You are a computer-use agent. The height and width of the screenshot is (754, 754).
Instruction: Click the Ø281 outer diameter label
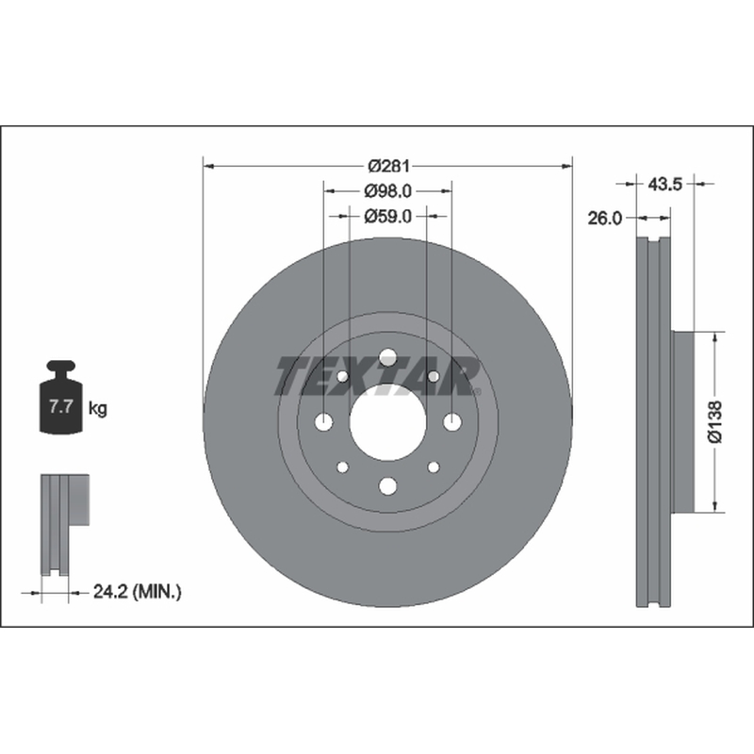(388, 167)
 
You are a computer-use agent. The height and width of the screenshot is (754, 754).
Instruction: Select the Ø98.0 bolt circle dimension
(388, 191)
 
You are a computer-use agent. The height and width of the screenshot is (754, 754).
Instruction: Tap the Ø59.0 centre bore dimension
(388, 217)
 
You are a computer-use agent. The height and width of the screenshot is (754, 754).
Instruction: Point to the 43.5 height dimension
(665, 184)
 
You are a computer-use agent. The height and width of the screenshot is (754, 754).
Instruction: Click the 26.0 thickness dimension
(604, 219)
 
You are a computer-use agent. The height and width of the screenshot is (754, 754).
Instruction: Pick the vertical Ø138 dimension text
(715, 421)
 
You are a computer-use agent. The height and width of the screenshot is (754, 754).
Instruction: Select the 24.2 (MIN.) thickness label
(137, 592)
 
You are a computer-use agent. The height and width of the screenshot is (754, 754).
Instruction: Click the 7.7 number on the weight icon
(60, 407)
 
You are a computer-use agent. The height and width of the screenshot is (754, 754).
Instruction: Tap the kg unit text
(98, 409)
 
